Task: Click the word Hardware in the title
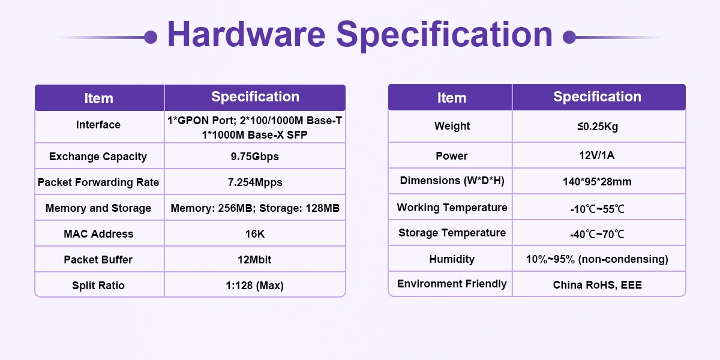247,34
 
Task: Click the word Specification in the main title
444,35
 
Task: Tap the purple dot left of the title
151,37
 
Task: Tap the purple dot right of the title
569,37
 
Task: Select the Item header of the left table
98,98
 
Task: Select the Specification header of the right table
597,97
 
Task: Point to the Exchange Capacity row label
98,157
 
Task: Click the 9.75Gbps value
254,157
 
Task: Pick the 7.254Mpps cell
255,182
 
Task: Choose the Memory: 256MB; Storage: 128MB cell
255,208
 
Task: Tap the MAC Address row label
98,233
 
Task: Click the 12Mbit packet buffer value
254,259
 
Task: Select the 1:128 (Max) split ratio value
254,286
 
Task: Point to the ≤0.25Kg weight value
598,127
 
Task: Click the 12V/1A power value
597,155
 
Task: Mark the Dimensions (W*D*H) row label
452,181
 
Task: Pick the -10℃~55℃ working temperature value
597,209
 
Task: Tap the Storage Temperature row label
452,233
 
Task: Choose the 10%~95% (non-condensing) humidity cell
597,259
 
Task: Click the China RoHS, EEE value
597,285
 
